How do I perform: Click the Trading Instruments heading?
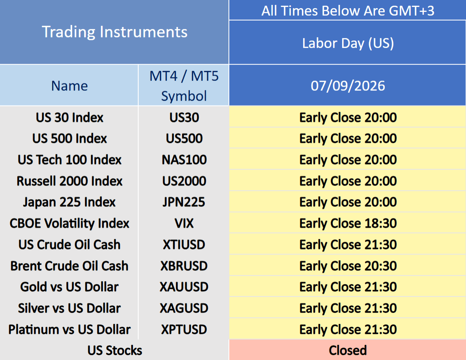pyautogui.click(x=114, y=32)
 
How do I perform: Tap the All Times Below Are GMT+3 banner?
pyautogui.click(x=348, y=11)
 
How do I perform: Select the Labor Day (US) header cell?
pyautogui.click(x=348, y=44)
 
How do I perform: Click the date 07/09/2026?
pyautogui.click(x=348, y=86)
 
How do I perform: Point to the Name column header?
pyautogui.click(x=70, y=86)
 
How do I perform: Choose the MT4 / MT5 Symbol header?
pyautogui.click(x=184, y=86)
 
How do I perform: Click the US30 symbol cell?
pyautogui.click(x=184, y=117)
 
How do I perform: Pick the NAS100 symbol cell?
pyautogui.click(x=184, y=160)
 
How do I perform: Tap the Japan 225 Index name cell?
pyautogui.click(x=69, y=202)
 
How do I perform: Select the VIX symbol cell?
pyautogui.click(x=184, y=224)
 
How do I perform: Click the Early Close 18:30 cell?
pyautogui.click(x=348, y=224)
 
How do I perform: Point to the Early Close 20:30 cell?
pyautogui.click(x=348, y=266)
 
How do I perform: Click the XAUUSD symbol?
pyautogui.click(x=184, y=287)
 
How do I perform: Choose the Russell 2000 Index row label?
pyautogui.click(x=69, y=181)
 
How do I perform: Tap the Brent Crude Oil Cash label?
pyautogui.click(x=69, y=266)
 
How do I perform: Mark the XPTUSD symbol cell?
pyautogui.click(x=184, y=330)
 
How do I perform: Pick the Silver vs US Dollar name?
pyautogui.click(x=69, y=308)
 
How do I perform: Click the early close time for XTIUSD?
pyautogui.click(x=348, y=245)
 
